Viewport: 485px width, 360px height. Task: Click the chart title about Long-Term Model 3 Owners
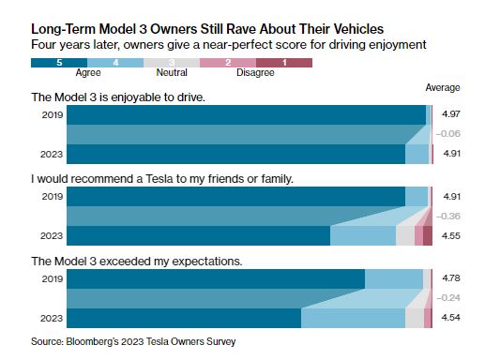(x=207, y=29)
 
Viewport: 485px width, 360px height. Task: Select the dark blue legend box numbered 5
(x=59, y=63)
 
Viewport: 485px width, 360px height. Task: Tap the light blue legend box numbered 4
(x=115, y=63)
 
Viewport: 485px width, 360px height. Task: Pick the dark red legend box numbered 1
(x=284, y=63)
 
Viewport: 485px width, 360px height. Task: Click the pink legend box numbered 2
(x=228, y=63)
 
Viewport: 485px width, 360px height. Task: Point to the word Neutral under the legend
(x=172, y=72)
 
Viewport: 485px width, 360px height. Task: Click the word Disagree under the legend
(x=255, y=72)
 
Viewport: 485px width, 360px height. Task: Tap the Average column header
(x=443, y=87)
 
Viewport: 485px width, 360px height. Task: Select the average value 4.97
(x=451, y=113)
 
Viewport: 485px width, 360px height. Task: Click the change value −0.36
(x=448, y=216)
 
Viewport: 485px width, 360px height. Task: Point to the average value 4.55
(x=451, y=235)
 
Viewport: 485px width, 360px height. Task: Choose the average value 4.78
(x=451, y=277)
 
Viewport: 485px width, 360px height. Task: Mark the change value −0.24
(x=448, y=298)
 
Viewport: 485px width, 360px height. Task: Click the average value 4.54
(x=451, y=318)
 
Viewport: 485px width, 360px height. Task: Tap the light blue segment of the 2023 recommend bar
(x=363, y=235)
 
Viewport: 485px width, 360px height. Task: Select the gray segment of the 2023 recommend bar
(x=405, y=235)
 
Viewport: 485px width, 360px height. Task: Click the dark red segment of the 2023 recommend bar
(x=428, y=235)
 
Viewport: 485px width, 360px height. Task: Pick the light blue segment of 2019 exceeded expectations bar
(x=394, y=279)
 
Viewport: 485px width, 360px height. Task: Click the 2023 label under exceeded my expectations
(x=52, y=319)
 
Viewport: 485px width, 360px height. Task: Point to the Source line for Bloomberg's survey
(x=133, y=341)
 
